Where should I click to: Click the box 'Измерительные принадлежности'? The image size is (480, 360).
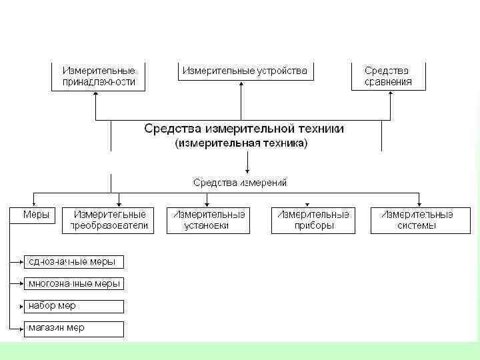[99, 76]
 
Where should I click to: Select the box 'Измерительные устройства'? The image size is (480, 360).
[245, 71]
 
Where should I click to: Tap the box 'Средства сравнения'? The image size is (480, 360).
[388, 76]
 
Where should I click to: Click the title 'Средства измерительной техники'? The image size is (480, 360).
[244, 129]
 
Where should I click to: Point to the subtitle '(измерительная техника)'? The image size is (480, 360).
[241, 143]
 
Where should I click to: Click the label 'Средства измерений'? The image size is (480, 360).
[240, 182]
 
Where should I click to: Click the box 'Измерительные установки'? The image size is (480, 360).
[208, 220]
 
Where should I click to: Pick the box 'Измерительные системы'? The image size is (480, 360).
[417, 220]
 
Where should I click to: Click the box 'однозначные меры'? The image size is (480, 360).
[73, 261]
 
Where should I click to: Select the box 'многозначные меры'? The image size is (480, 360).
[73, 283]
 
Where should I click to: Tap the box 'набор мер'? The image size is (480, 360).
[73, 306]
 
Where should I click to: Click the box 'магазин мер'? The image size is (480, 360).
[73, 328]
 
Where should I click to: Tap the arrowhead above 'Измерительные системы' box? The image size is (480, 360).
[419, 203]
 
